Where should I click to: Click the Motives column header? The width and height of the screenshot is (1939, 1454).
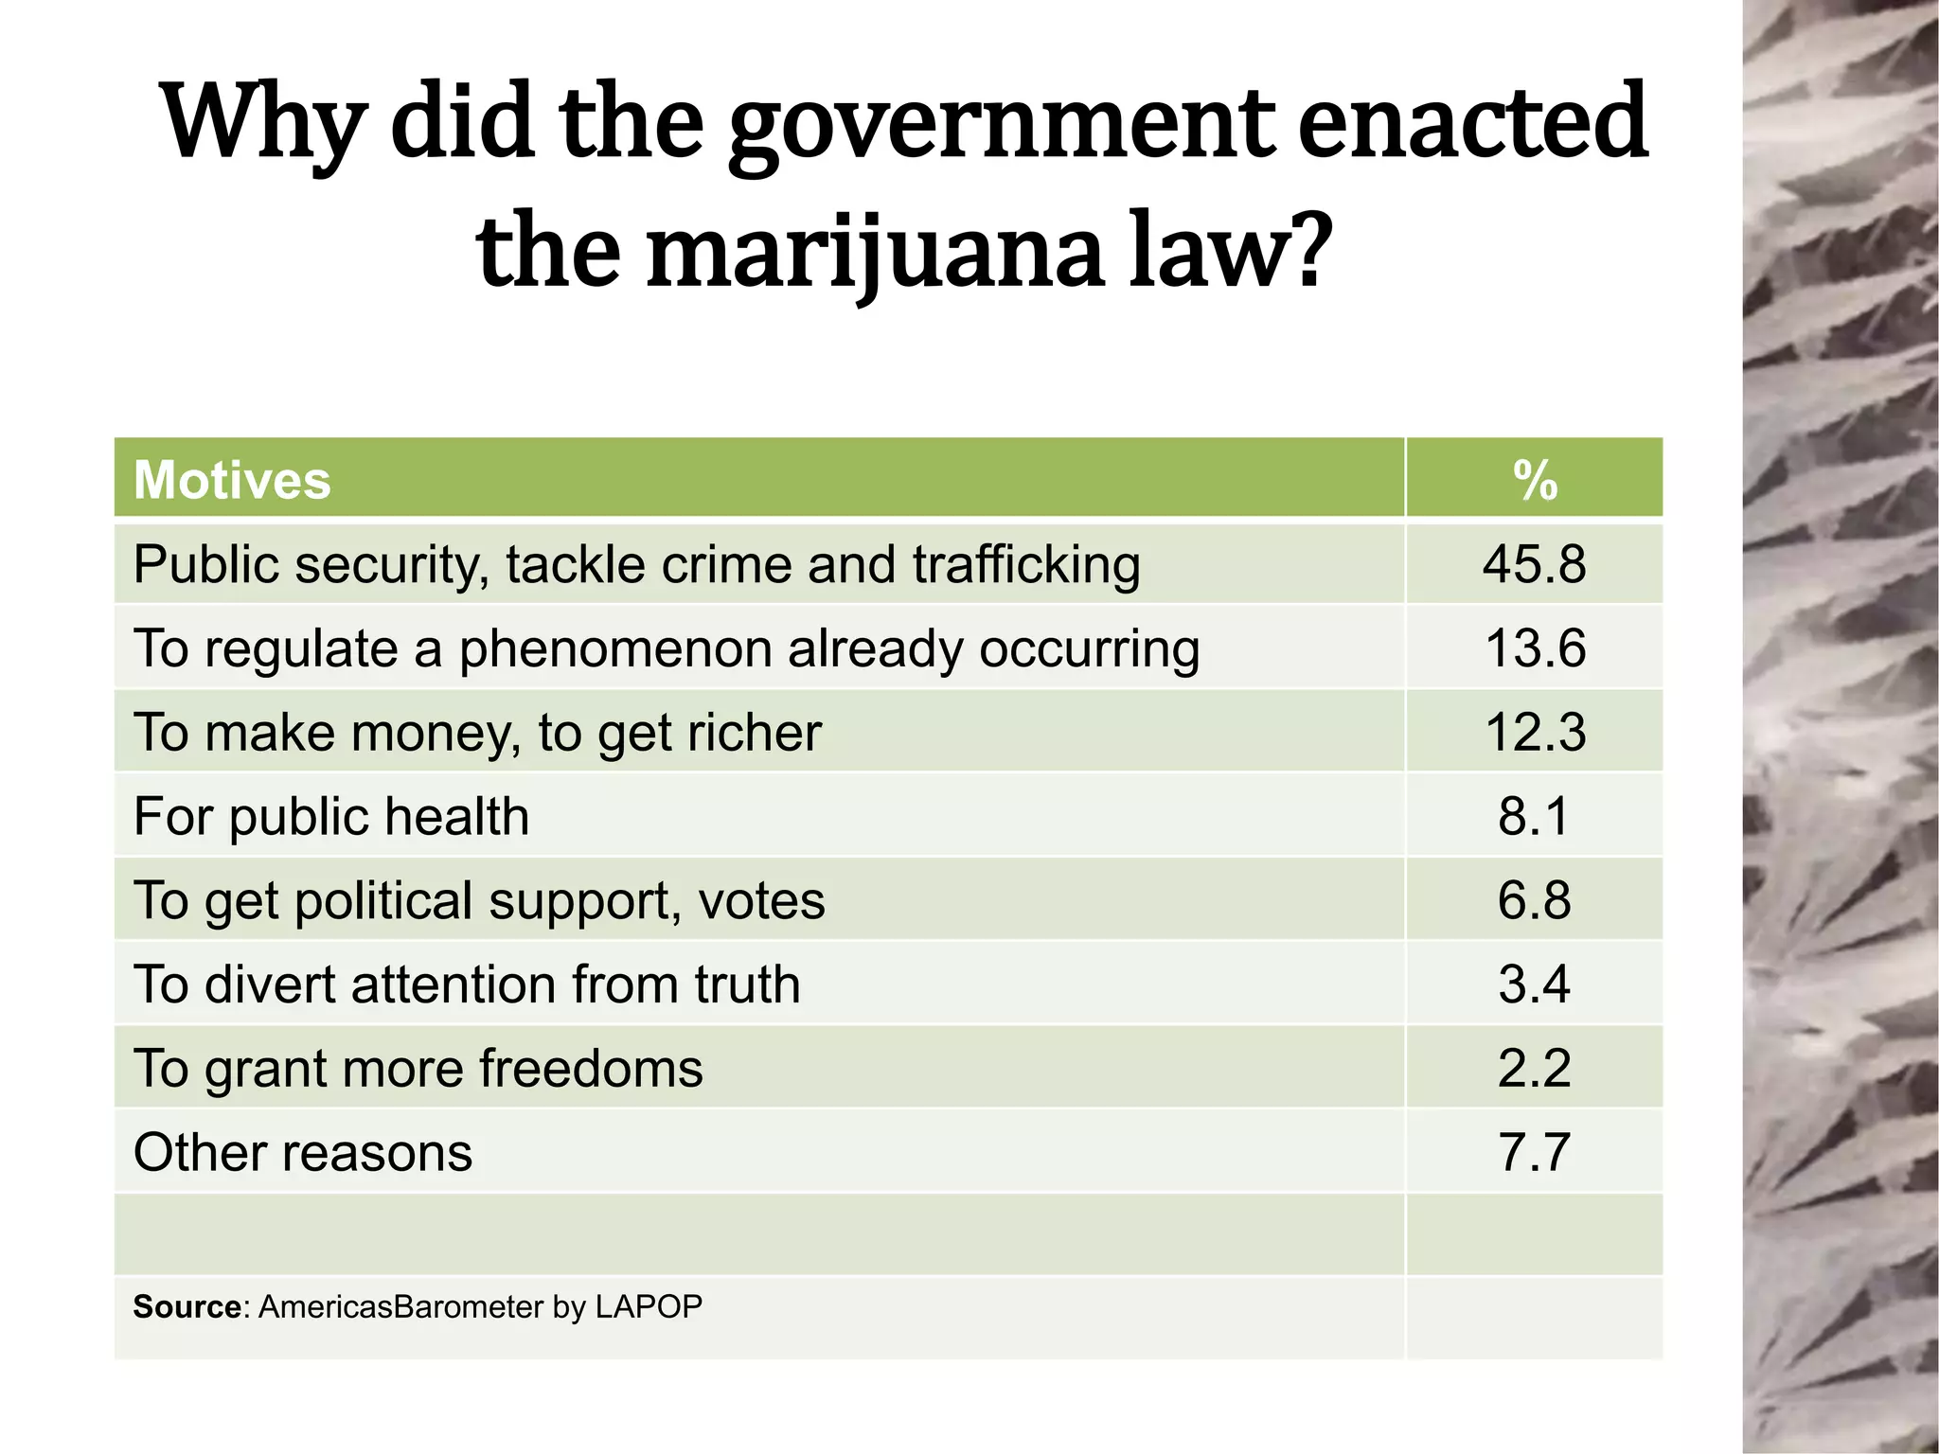click(x=232, y=480)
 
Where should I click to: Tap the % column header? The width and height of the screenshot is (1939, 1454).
click(x=1534, y=480)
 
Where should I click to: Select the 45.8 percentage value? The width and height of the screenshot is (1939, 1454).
click(x=1534, y=564)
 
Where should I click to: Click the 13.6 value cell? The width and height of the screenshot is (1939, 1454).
click(x=1534, y=648)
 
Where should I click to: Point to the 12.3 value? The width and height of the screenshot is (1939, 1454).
click(x=1534, y=733)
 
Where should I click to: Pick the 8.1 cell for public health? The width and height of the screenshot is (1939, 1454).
click(x=1534, y=816)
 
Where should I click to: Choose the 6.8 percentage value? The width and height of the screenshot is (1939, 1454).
click(x=1534, y=900)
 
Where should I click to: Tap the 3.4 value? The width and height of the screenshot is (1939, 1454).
click(x=1534, y=984)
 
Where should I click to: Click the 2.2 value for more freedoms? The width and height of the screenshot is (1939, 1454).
click(x=1534, y=1069)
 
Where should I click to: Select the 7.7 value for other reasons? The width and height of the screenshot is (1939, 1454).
click(x=1534, y=1153)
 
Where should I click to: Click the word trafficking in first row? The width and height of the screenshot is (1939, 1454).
click(x=1026, y=565)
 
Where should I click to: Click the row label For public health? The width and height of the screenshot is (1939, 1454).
click(x=331, y=817)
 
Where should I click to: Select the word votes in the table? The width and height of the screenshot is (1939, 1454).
click(x=761, y=901)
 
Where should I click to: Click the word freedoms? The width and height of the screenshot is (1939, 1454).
click(x=591, y=1069)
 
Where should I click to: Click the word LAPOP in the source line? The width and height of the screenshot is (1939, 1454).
click(x=649, y=1307)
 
